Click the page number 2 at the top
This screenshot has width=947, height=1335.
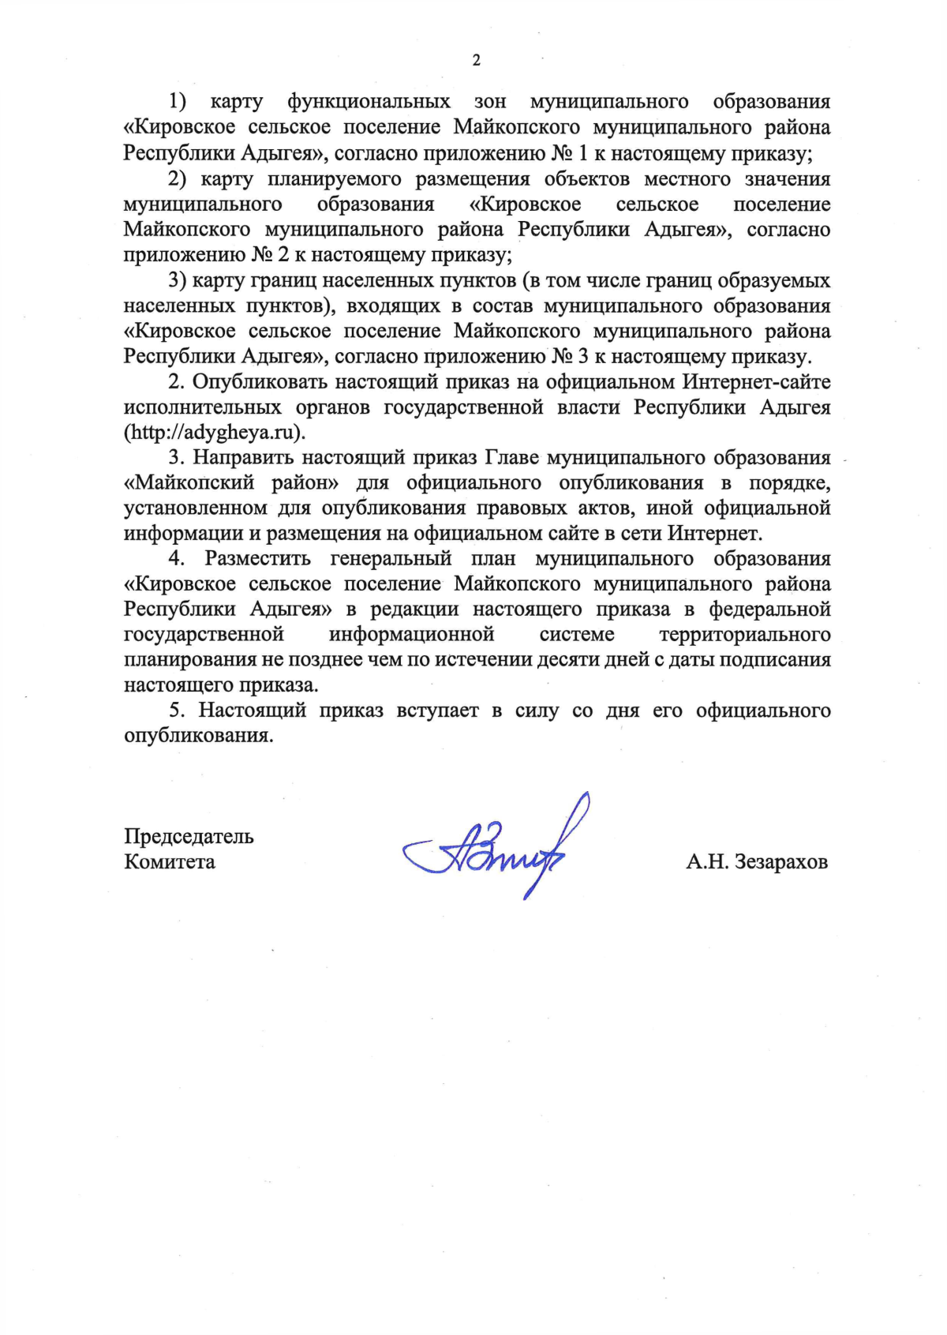(x=476, y=61)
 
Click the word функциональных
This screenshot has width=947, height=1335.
(x=369, y=102)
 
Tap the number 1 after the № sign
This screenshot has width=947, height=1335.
(x=582, y=153)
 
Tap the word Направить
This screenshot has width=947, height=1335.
(x=244, y=458)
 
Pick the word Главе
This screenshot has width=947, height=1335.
(x=511, y=458)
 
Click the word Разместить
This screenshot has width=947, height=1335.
(x=258, y=559)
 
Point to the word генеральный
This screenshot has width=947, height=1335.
(x=391, y=559)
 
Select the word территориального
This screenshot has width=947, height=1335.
(x=744, y=635)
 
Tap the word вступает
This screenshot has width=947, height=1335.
(x=437, y=711)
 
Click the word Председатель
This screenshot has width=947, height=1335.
(x=189, y=837)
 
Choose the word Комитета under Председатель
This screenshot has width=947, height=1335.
(x=170, y=862)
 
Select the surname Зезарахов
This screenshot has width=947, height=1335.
(x=780, y=862)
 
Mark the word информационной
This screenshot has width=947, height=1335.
(x=411, y=635)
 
